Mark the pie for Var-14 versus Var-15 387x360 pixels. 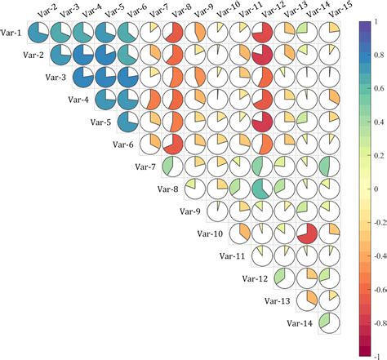point(329,322)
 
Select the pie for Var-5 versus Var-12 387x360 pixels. point(262,122)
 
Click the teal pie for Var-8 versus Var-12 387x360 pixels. point(262,189)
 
